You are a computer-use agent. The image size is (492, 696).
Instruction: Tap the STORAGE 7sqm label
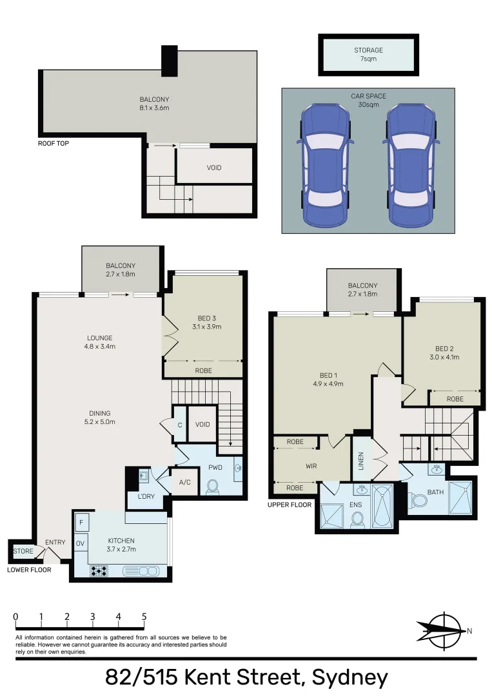(x=368, y=55)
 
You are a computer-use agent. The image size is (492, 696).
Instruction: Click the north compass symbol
(x=443, y=628)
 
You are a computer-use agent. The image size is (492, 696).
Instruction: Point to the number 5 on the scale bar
(x=144, y=616)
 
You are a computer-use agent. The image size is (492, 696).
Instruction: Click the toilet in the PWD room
(x=212, y=487)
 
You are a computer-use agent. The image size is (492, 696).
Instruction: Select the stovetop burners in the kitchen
(x=99, y=570)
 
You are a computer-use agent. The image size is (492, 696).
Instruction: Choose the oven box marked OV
(x=81, y=543)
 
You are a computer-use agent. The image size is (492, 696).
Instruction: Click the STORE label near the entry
(x=23, y=551)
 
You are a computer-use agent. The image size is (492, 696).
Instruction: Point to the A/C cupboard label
(x=184, y=483)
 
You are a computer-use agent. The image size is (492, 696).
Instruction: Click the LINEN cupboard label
(x=361, y=460)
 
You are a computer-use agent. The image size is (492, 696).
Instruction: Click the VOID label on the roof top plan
(x=214, y=168)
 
